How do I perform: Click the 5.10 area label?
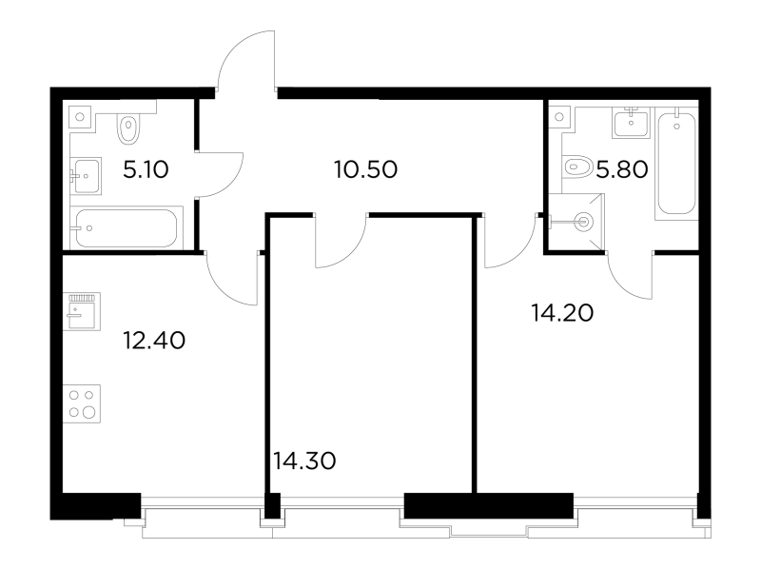tap(146, 170)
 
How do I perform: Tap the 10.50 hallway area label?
tap(366, 170)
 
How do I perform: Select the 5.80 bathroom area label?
tap(622, 170)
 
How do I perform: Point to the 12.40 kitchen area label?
tap(154, 341)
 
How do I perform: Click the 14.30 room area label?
tap(304, 461)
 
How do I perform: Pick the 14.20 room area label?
tap(562, 313)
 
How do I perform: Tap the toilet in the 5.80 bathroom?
tap(576, 167)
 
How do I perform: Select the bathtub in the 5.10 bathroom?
tap(127, 228)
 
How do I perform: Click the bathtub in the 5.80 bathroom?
tap(676, 163)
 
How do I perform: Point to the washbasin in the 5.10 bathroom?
tap(86, 176)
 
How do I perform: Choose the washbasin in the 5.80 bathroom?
tap(631, 123)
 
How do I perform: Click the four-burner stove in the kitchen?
tap(82, 404)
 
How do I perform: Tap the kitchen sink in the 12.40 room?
tap(82, 311)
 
